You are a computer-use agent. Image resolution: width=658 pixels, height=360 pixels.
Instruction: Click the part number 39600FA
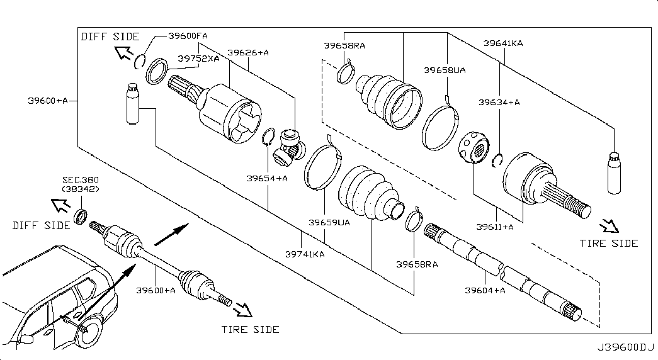click(x=188, y=37)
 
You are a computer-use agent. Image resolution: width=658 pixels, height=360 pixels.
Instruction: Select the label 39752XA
click(x=198, y=59)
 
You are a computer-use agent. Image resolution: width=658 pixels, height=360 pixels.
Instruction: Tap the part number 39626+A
click(x=248, y=53)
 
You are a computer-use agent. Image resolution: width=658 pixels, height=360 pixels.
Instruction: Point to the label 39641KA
click(x=503, y=43)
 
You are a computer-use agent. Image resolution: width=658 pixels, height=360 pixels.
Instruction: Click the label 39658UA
click(x=445, y=70)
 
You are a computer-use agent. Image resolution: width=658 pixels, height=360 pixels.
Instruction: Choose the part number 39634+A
click(x=499, y=102)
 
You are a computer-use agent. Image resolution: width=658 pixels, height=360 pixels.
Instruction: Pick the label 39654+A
click(x=267, y=178)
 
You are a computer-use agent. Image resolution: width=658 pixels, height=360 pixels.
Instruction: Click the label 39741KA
click(x=305, y=254)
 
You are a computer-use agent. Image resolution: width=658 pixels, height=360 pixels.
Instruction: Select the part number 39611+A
click(x=495, y=227)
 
